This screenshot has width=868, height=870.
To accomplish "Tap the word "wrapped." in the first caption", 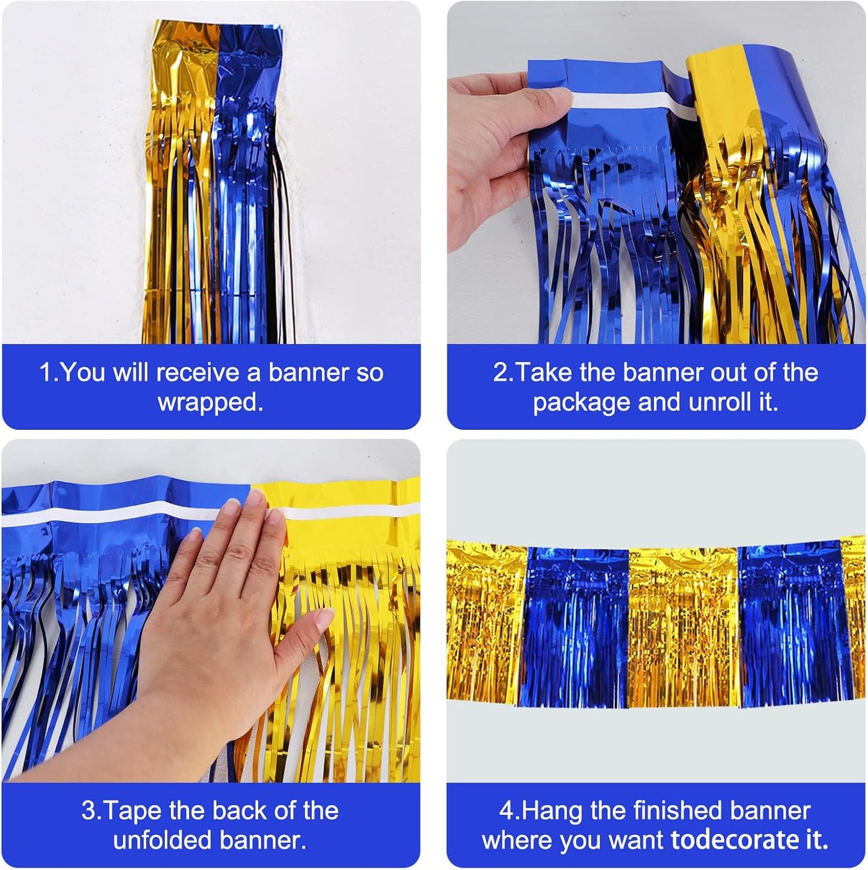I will coord(210,402).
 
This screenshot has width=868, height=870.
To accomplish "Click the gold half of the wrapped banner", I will coord(180,180).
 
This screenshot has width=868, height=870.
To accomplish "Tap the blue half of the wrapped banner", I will coord(243,180).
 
